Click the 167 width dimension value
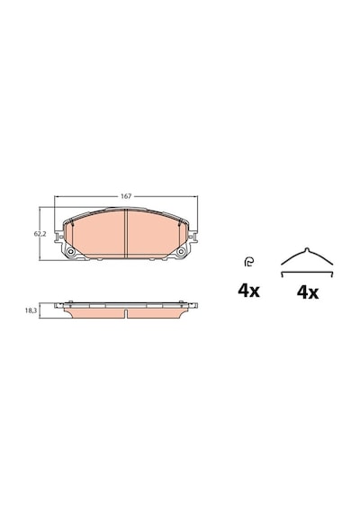(126, 196)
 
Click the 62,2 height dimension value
(40, 234)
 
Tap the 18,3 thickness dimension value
(31, 310)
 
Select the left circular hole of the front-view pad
(70, 252)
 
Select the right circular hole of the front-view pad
(181, 252)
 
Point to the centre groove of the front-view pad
(126, 233)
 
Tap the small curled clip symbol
(248, 263)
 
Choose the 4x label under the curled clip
(248, 291)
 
